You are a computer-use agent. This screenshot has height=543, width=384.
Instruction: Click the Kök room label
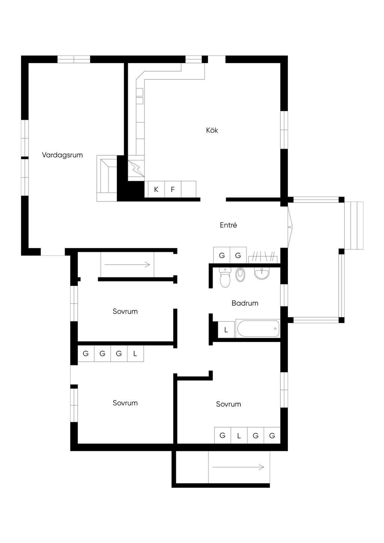click(x=212, y=130)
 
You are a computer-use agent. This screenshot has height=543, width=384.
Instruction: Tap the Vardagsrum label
click(x=62, y=155)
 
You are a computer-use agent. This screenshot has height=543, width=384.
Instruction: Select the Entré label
click(x=228, y=225)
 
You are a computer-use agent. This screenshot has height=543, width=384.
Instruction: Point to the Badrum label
click(x=245, y=303)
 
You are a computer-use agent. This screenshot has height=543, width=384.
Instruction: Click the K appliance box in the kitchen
click(x=156, y=189)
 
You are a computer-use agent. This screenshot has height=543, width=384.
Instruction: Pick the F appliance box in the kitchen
click(x=173, y=189)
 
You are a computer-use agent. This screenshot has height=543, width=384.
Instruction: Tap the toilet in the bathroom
click(x=225, y=277)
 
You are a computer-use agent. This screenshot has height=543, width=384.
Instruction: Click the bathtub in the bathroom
click(x=258, y=329)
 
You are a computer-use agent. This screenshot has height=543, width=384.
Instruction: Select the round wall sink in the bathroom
click(x=262, y=273)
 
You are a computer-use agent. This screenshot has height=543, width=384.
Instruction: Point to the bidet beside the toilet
click(x=240, y=274)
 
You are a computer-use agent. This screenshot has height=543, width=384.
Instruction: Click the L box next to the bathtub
click(x=226, y=330)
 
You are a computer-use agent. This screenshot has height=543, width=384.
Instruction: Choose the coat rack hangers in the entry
click(x=263, y=258)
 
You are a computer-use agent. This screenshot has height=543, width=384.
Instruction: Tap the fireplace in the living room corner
click(x=106, y=178)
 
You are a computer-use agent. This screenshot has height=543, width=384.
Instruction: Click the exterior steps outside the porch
click(x=354, y=225)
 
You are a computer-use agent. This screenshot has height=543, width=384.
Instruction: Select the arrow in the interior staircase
click(x=127, y=264)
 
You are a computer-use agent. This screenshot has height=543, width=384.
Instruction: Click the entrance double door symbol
click(x=290, y=227)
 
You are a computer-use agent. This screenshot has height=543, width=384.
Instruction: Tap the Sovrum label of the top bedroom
click(x=125, y=312)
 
